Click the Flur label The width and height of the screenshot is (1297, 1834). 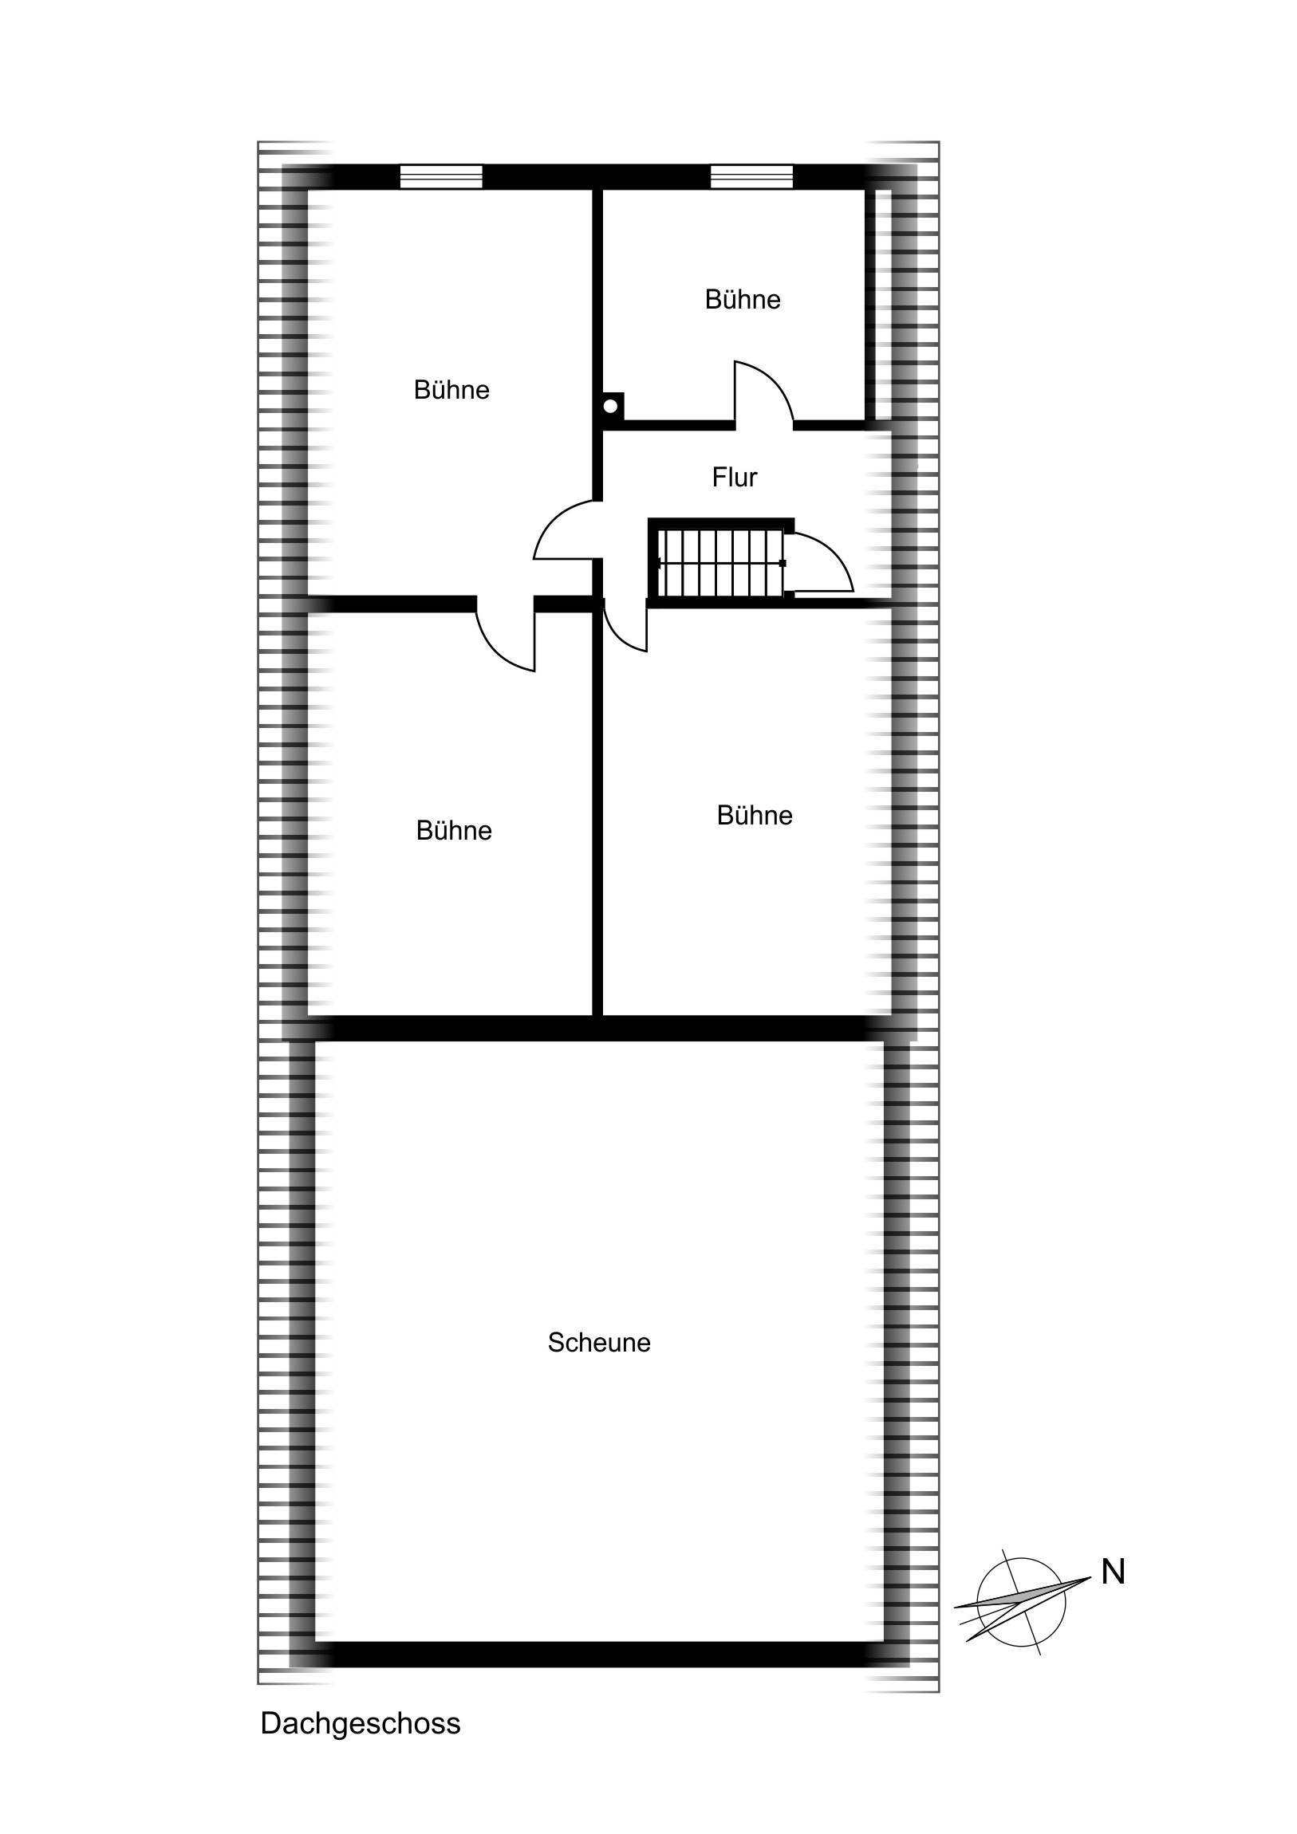(735, 477)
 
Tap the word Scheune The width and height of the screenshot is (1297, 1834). (599, 1342)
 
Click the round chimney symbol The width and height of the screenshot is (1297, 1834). (610, 406)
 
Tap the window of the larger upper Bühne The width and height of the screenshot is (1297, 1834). (441, 176)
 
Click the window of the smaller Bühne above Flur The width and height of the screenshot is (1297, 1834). (752, 176)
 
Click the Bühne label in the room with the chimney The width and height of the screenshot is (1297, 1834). (743, 300)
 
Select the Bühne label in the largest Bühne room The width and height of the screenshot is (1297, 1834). (451, 390)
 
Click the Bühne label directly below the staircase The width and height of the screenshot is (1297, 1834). (755, 816)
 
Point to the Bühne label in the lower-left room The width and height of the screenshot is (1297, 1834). (454, 831)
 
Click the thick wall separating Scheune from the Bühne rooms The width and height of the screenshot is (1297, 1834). (599, 1028)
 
